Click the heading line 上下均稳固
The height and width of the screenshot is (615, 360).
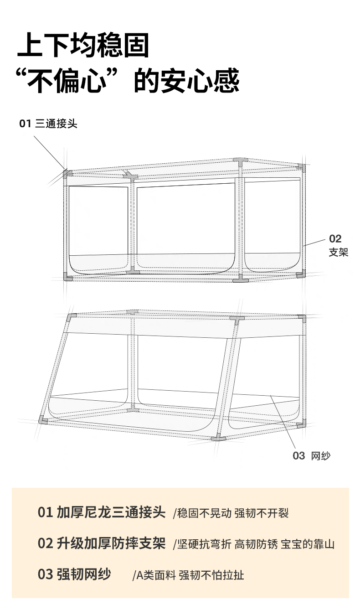(x=83, y=46)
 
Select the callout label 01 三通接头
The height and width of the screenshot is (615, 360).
(x=48, y=124)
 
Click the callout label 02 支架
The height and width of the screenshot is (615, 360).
(x=338, y=245)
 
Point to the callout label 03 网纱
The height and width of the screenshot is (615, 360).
(x=312, y=455)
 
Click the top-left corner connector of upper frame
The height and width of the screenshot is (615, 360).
(x=67, y=173)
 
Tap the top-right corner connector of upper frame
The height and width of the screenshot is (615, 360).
(x=301, y=167)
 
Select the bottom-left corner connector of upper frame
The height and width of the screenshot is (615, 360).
(x=67, y=277)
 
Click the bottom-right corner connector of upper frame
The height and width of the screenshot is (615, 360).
(x=301, y=274)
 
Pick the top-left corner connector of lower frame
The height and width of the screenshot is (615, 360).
(x=71, y=317)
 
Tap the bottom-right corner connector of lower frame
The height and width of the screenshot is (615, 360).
(x=301, y=425)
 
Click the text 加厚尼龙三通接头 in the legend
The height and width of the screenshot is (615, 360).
(x=111, y=512)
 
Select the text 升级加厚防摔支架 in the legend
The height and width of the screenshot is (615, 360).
(x=111, y=543)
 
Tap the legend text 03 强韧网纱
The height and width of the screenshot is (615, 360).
(x=74, y=574)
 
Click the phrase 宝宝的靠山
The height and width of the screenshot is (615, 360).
(x=308, y=544)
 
